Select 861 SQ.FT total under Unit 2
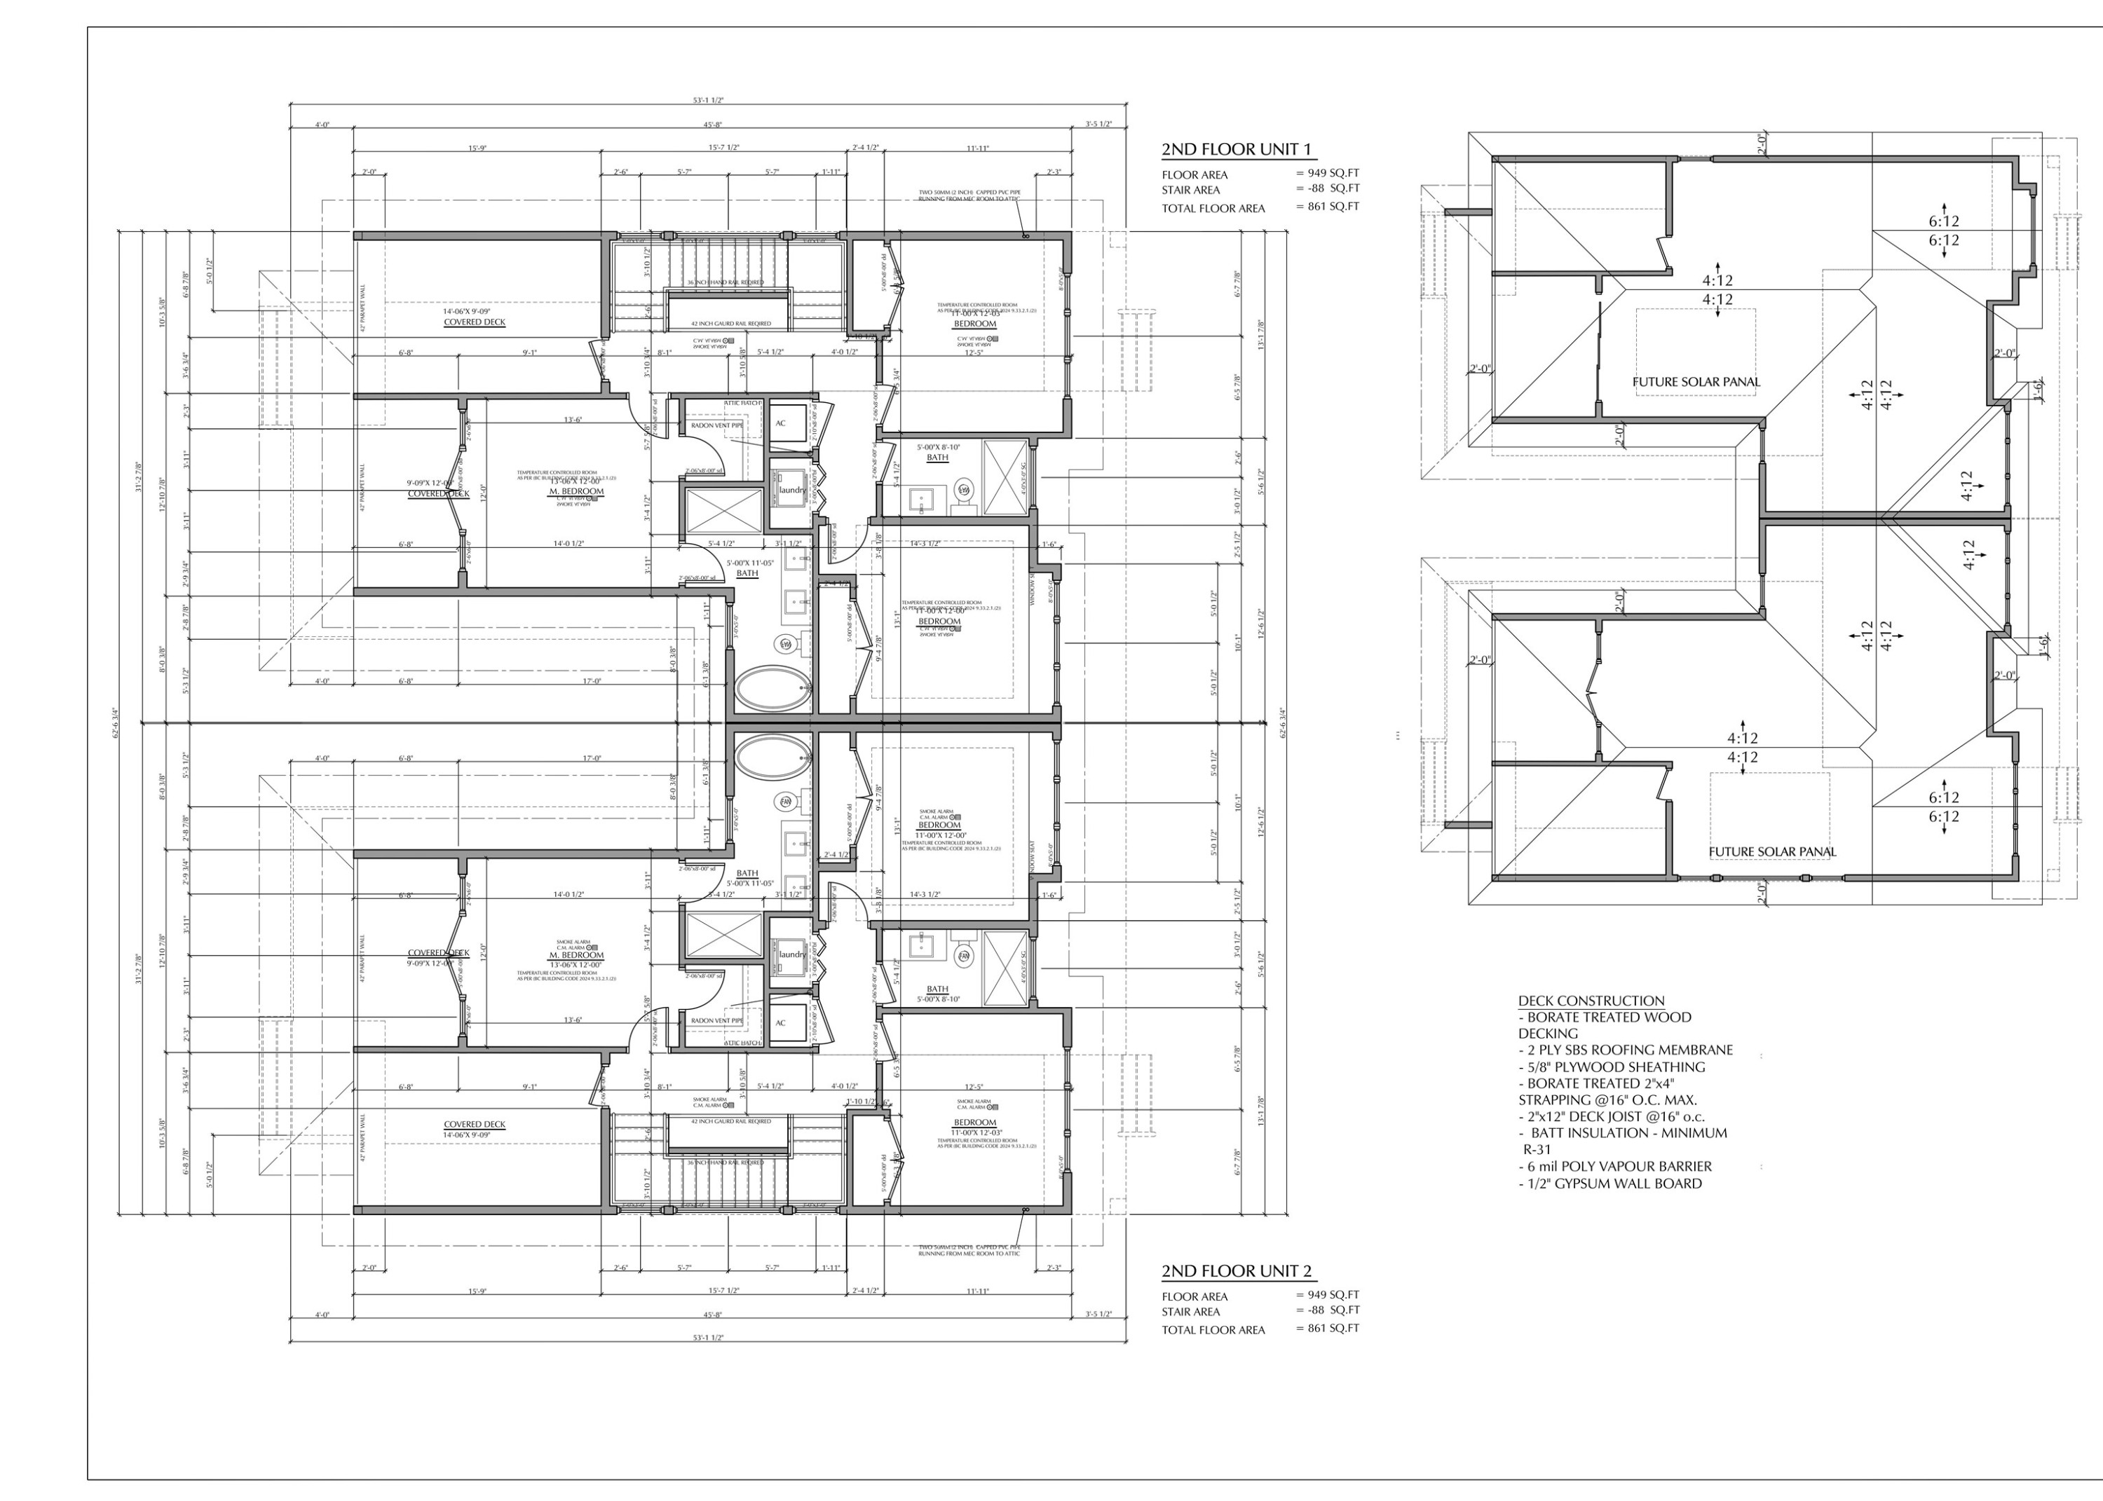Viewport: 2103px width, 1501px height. point(1328,1328)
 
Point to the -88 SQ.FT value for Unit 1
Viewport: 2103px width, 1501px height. point(1328,189)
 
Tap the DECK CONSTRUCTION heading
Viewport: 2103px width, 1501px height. point(1591,1000)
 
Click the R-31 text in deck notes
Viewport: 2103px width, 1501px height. point(1537,1150)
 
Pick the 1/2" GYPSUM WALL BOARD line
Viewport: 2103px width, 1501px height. point(1609,1183)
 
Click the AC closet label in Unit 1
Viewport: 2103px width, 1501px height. point(780,423)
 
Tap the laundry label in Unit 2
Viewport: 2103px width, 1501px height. point(792,954)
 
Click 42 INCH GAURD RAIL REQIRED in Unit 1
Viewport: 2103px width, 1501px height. point(731,324)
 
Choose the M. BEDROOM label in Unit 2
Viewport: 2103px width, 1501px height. point(576,954)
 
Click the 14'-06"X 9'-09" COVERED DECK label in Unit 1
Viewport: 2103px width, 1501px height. point(474,317)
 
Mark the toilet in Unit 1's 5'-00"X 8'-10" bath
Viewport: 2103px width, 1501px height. point(963,490)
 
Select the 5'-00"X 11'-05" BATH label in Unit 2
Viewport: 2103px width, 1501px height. point(747,878)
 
